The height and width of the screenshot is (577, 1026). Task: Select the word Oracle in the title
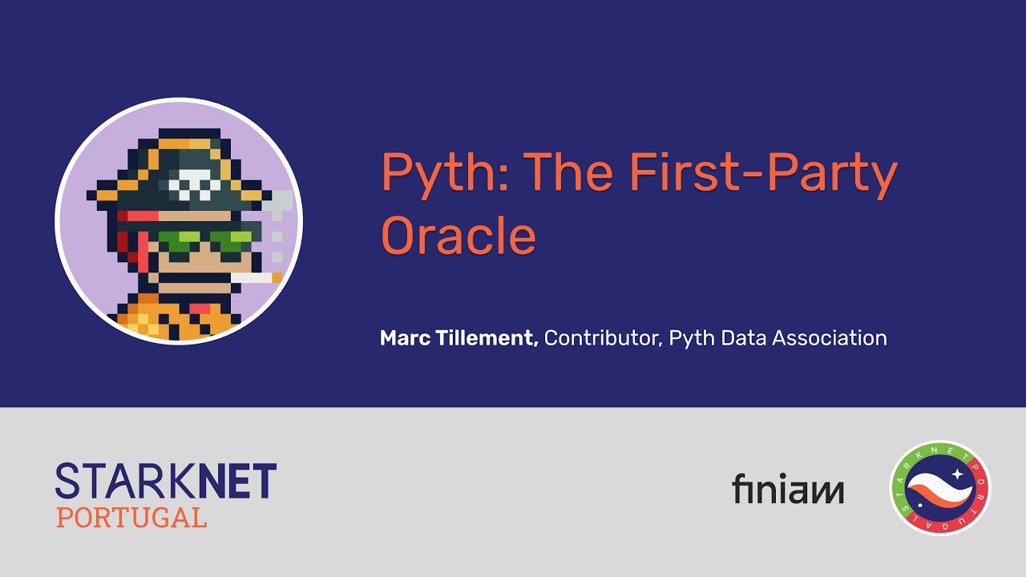click(458, 235)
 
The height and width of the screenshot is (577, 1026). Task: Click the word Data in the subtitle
click(745, 338)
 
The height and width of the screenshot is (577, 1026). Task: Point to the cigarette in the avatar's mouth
click(256, 277)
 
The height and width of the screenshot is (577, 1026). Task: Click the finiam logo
click(788, 488)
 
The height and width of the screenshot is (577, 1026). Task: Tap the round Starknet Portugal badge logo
click(940, 488)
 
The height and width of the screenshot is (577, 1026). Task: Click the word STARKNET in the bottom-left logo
click(166, 480)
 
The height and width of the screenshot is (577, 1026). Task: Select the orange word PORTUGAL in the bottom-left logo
click(131, 518)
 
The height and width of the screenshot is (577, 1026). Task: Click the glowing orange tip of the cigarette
click(277, 277)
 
